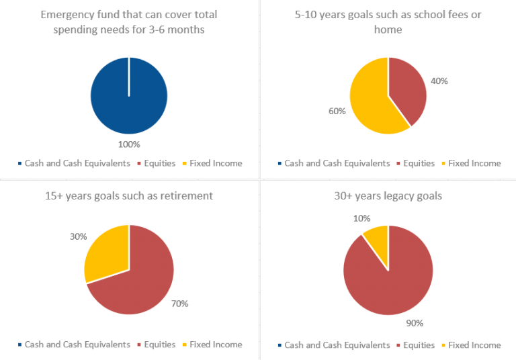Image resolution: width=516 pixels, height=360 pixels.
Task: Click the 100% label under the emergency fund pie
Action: click(x=129, y=144)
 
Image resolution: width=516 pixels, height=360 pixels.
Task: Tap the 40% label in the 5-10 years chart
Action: click(x=439, y=81)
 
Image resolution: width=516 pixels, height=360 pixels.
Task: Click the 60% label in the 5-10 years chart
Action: click(x=337, y=111)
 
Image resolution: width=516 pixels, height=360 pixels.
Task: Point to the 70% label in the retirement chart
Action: click(x=179, y=304)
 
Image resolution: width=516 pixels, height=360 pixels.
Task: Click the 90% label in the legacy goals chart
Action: click(x=415, y=323)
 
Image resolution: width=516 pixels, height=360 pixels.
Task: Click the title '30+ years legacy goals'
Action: click(x=388, y=196)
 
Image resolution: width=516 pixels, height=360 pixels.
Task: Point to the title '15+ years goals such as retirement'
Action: click(x=128, y=196)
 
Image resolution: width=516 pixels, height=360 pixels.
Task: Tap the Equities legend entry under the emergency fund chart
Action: click(x=157, y=163)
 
